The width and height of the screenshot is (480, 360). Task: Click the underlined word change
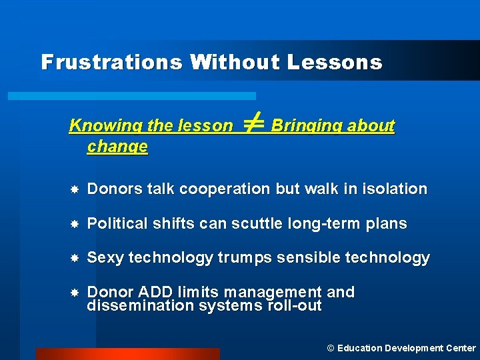[x=117, y=146]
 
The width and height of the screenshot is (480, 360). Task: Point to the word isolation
[x=394, y=189]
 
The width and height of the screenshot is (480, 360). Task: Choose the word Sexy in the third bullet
[x=105, y=258]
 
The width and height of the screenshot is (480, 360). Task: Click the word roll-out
[x=294, y=306]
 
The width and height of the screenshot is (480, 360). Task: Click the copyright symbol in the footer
[x=330, y=348]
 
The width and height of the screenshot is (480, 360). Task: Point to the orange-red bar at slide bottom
[x=127, y=353]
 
